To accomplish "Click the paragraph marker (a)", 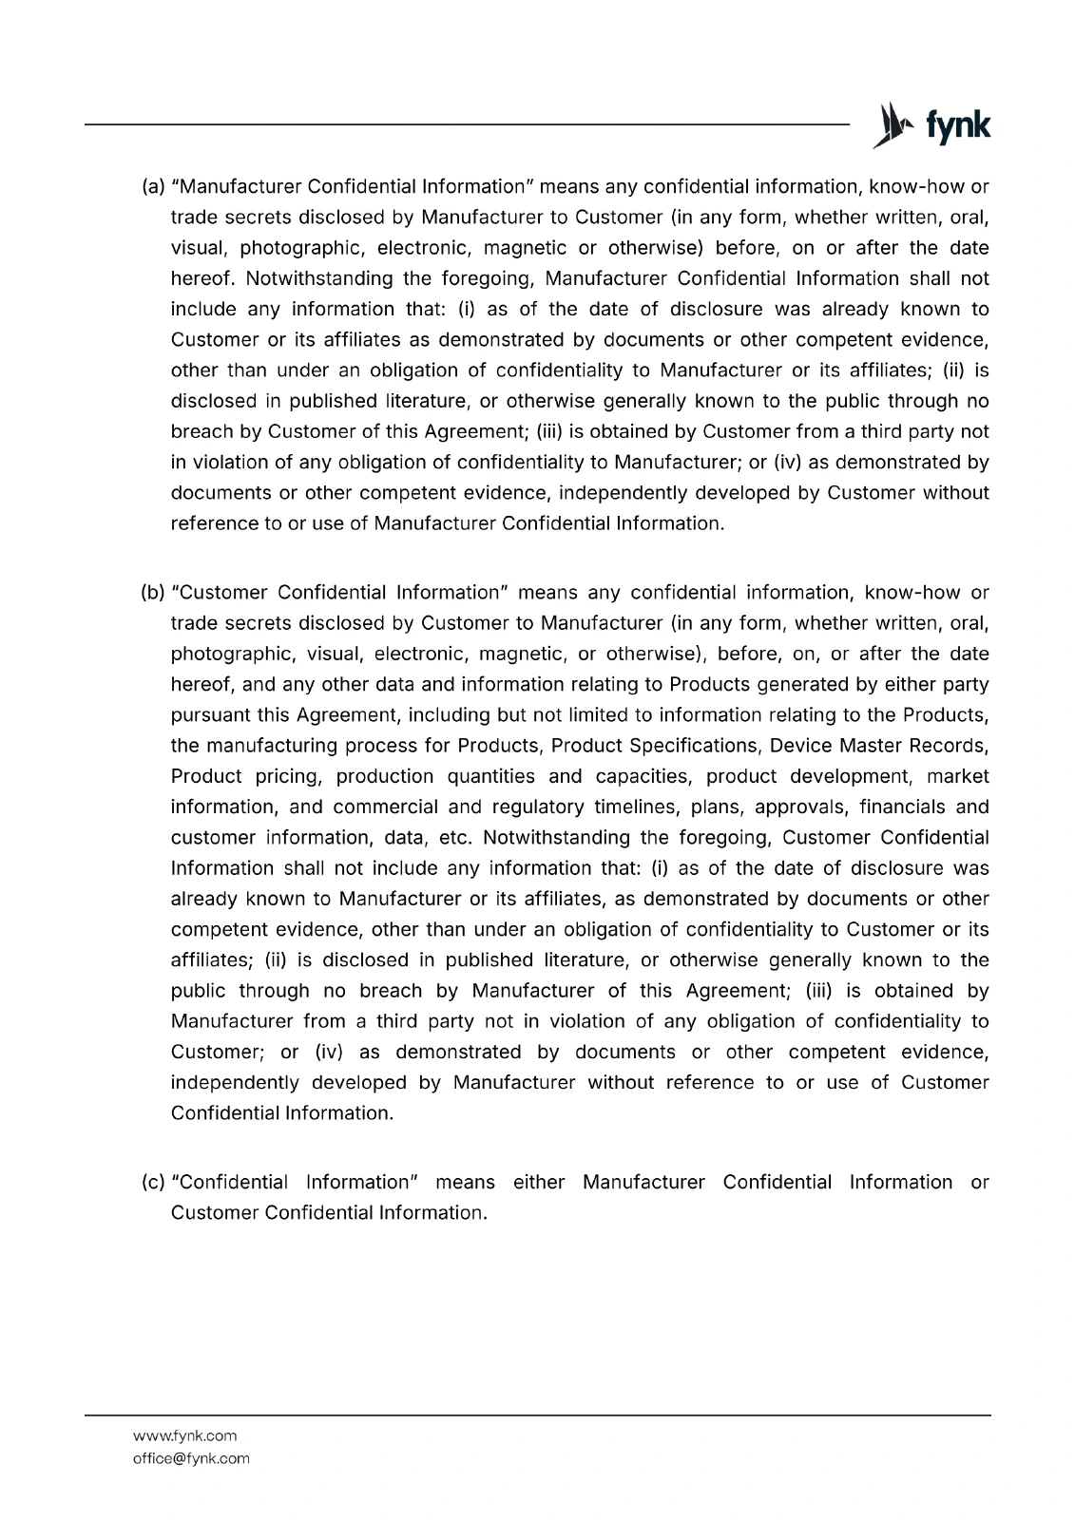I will [153, 186].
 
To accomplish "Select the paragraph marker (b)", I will [153, 593].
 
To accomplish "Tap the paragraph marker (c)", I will [153, 1183].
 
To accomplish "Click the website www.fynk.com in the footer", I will [184, 1435].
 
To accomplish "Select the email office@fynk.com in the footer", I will [191, 1458].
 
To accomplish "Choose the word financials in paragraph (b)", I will [901, 807].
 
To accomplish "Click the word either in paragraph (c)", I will [538, 1183].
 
